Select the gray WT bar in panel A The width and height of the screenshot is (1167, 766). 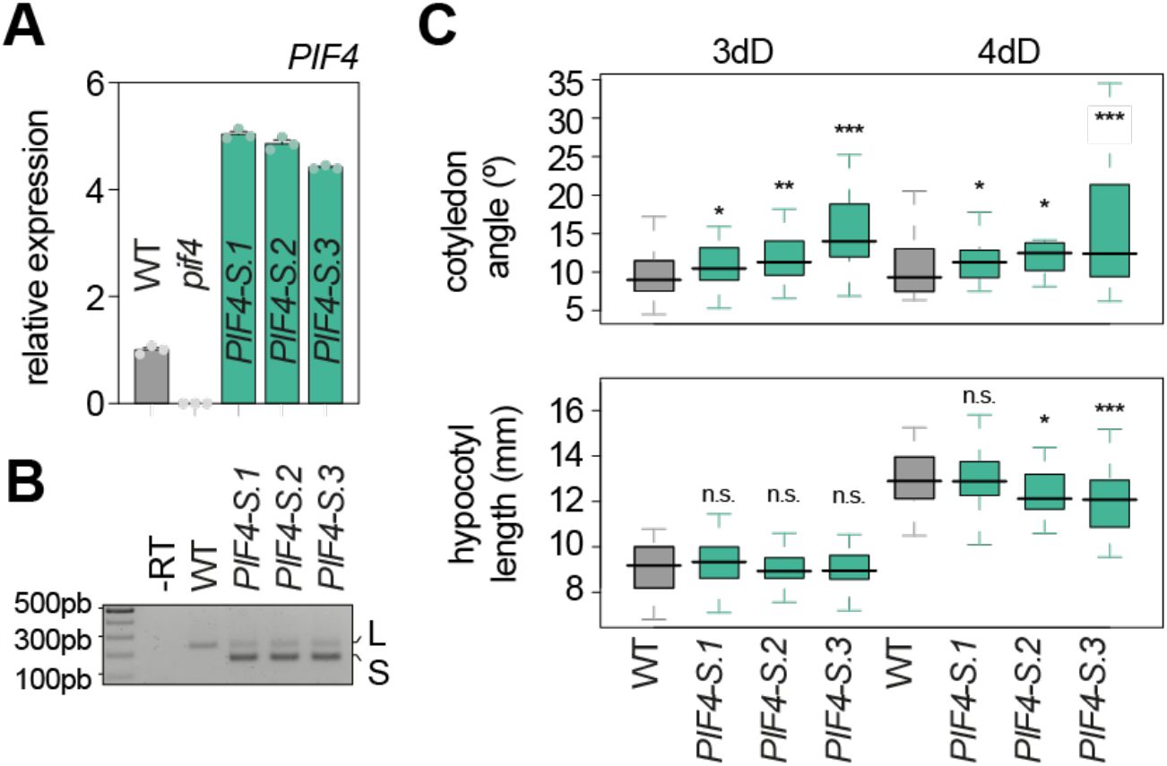pos(151,376)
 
